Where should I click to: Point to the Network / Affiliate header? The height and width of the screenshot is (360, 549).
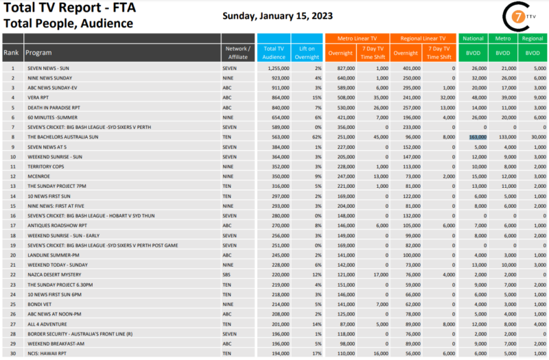(x=238, y=53)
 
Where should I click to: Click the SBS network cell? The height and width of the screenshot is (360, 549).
(x=227, y=274)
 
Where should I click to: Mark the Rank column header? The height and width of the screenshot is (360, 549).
(x=11, y=53)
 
